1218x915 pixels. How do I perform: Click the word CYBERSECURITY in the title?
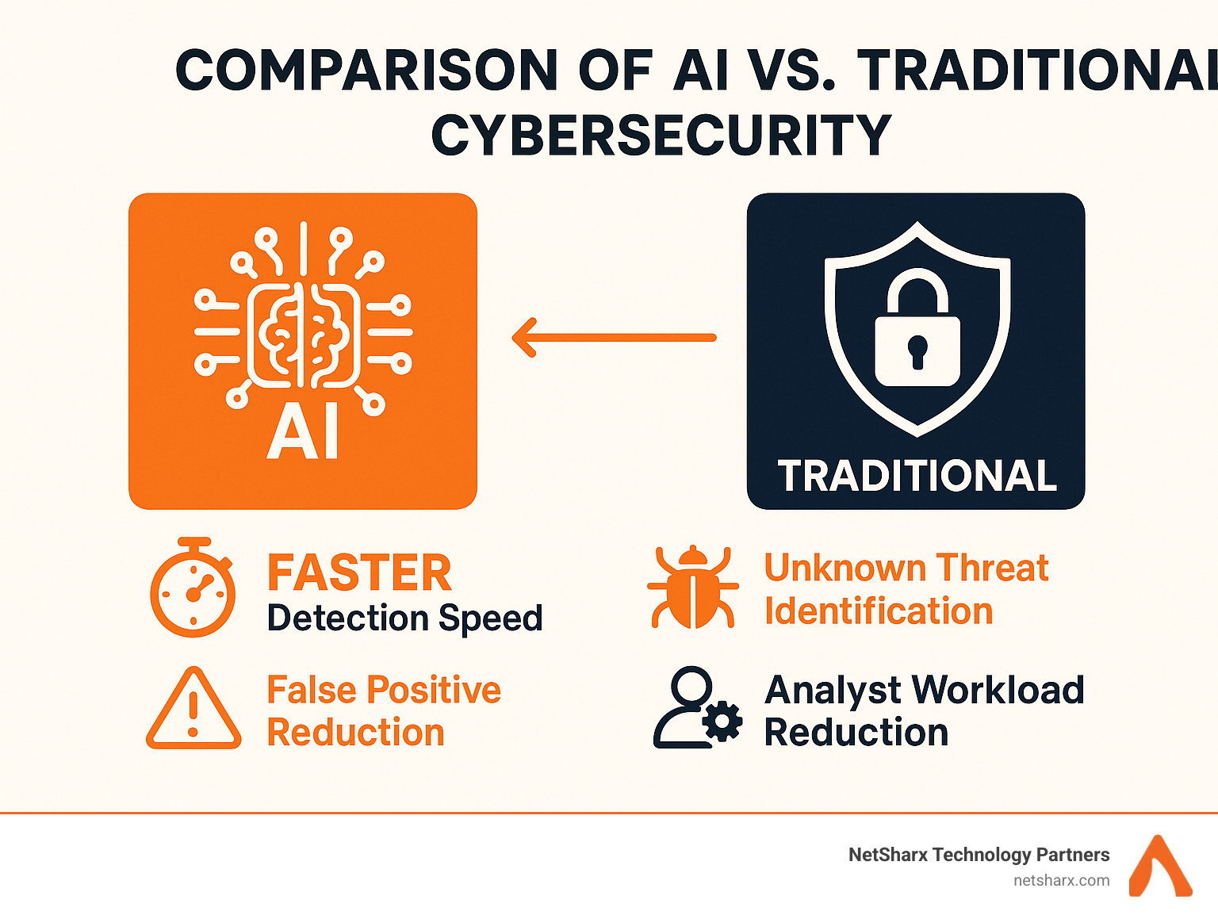pos(661,135)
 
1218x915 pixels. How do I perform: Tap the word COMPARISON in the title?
pos(366,70)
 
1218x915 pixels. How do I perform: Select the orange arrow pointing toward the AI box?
pos(614,337)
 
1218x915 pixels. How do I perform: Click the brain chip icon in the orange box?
pos(303,315)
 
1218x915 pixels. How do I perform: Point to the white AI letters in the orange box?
pos(303,438)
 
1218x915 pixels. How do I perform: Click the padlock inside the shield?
pos(917,327)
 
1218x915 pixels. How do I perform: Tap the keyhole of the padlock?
pos(917,352)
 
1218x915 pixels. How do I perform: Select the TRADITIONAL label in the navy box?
pos(917,476)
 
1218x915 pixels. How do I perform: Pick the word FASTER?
pos(359,572)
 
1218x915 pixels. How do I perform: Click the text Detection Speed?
pos(404,618)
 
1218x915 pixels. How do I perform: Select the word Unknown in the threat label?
pos(845,568)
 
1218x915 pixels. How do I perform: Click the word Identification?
pos(879,611)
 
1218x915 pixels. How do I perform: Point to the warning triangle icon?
pos(193,709)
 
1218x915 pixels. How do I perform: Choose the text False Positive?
pos(384,690)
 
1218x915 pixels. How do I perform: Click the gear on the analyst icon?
pos(722,722)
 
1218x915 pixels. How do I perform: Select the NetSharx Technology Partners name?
pos(979,855)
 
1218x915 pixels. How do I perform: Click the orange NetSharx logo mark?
pos(1160,866)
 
